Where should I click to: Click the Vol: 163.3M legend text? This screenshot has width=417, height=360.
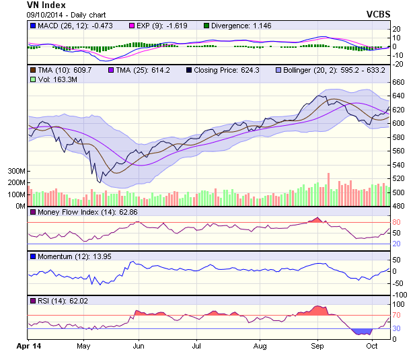click(x=54, y=79)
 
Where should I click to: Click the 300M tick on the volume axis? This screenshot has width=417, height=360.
click(x=16, y=172)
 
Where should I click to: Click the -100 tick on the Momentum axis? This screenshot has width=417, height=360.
click(x=400, y=295)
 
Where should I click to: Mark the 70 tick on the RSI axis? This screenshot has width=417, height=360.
click(x=397, y=315)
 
